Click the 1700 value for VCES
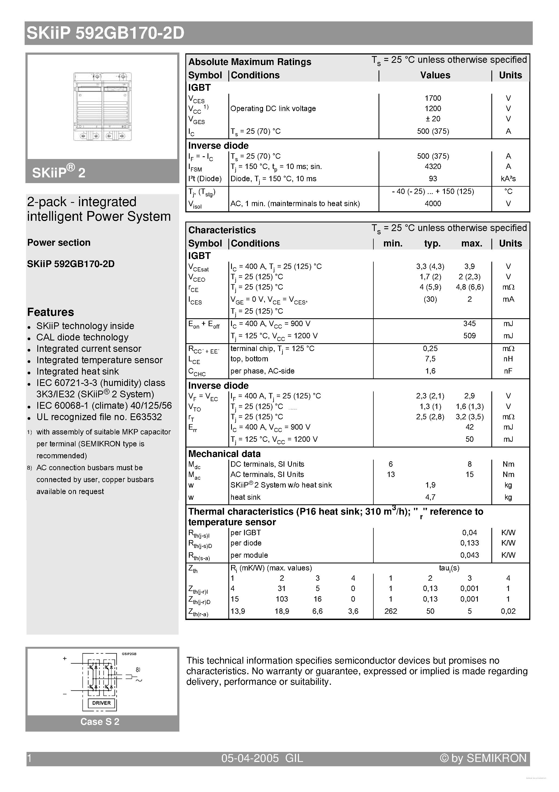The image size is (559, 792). coord(433,98)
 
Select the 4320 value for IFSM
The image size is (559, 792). coord(433,167)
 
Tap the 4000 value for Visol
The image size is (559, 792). coord(433,203)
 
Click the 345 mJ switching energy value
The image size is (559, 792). coord(469,324)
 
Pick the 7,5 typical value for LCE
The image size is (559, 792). coord(430,359)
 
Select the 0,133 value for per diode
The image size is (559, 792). coord(469,543)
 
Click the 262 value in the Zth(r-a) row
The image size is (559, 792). coord(390,611)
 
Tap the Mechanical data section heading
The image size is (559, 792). coord(224,454)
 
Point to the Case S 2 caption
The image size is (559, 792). coord(100,722)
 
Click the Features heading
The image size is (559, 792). coord(51,312)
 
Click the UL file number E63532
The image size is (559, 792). coord(146,417)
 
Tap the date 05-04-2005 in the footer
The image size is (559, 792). coord(250,758)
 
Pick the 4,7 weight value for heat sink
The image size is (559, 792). coord(430,497)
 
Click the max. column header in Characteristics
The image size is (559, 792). coord(471,244)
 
